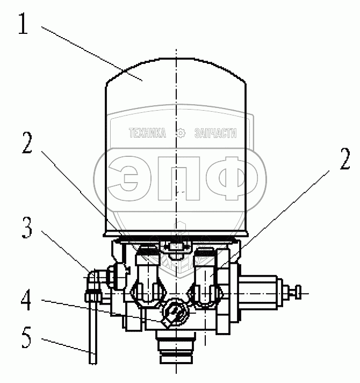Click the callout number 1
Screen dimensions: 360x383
(23, 24)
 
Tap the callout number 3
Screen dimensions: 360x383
(27, 228)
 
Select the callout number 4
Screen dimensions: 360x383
(26, 300)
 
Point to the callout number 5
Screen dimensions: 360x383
(26, 337)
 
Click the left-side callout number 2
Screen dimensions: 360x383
(27, 143)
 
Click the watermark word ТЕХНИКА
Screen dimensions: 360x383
(147, 133)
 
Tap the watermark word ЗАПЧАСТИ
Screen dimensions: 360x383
(215, 133)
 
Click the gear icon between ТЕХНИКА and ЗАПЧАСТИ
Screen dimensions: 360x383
(181, 133)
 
